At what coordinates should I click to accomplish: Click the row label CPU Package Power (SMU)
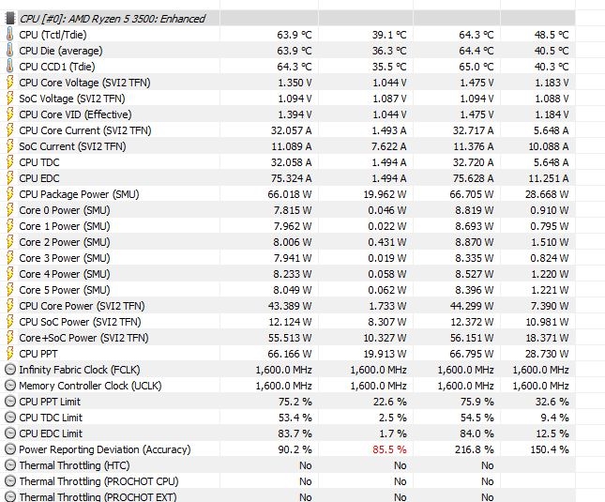tap(77, 194)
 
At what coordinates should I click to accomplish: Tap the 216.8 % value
tap(472, 449)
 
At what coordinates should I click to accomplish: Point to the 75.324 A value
tap(291, 178)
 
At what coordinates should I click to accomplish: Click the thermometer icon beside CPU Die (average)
tap(9, 51)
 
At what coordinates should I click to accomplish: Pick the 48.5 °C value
tap(551, 35)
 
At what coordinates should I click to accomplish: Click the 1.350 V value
tap(295, 83)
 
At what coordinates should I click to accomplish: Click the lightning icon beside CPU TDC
tap(9, 162)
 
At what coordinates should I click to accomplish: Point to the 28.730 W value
tap(547, 354)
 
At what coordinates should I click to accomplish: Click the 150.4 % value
tap(551, 449)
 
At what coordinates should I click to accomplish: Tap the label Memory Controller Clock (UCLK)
tap(90, 386)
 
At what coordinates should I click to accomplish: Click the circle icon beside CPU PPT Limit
tap(9, 402)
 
